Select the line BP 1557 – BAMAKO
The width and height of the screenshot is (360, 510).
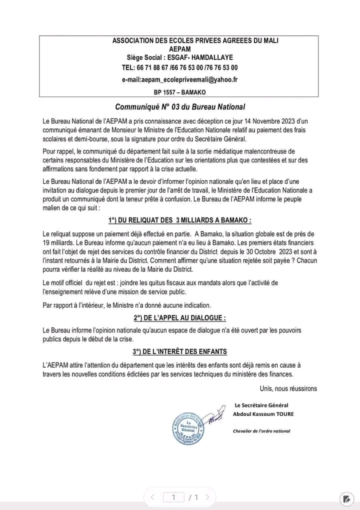[179, 92]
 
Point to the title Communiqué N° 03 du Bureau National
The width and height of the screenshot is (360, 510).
[180, 106]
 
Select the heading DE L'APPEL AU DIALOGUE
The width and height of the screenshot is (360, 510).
[179, 317]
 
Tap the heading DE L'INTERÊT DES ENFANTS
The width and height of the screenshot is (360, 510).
[179, 351]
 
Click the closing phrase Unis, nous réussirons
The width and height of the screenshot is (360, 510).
[288, 388]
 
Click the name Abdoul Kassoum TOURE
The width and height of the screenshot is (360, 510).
[263, 414]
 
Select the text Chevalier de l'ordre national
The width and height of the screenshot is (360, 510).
[261, 431]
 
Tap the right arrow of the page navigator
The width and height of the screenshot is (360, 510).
[207, 497]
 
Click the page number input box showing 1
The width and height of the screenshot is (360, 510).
[173, 497]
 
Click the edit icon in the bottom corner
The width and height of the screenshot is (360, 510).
[346, 498]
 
